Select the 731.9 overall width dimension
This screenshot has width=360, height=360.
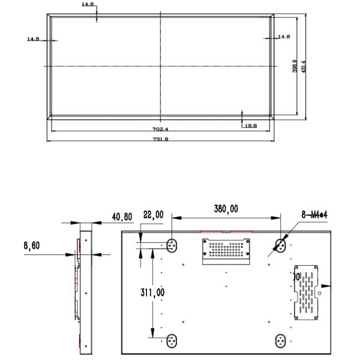(161, 139)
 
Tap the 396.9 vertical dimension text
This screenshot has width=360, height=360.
(295, 66)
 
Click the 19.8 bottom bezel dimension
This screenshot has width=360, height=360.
(250, 125)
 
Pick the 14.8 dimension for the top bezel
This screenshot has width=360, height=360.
(88, 5)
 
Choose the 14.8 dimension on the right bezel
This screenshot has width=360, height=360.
(284, 37)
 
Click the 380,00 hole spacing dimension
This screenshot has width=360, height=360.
(226, 209)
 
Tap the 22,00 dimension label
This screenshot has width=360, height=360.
(152, 215)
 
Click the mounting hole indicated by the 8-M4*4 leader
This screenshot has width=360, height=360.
(280, 244)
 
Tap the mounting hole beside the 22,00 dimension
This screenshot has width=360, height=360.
(172, 245)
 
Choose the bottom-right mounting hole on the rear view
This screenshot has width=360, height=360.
(280, 340)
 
